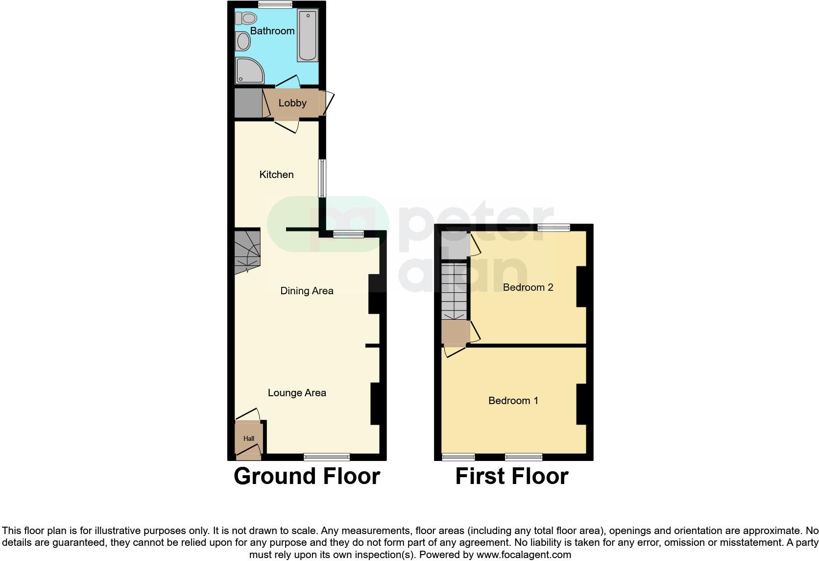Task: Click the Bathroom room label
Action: (x=272, y=31)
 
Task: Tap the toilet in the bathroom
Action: (x=246, y=19)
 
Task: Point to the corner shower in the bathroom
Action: (x=249, y=70)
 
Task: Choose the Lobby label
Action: (x=292, y=103)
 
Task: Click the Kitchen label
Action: (x=276, y=175)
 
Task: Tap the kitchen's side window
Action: (x=322, y=178)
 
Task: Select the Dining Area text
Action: (x=307, y=291)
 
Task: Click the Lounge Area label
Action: (x=297, y=393)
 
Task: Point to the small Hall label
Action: (x=249, y=439)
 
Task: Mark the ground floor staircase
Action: (x=247, y=251)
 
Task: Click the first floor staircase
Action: (x=454, y=291)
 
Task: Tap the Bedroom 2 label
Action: (x=528, y=287)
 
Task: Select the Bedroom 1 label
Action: (x=513, y=401)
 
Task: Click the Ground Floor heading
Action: (x=307, y=476)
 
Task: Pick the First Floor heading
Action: (x=512, y=476)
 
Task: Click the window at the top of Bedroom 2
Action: (x=554, y=228)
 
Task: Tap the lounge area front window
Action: (x=327, y=457)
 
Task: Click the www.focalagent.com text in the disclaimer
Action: (x=523, y=555)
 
